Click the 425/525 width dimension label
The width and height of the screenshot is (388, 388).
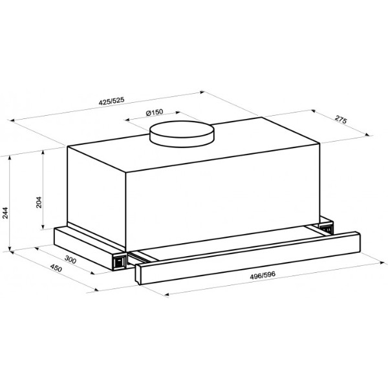[111, 101]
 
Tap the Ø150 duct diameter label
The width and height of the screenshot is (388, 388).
[155, 113]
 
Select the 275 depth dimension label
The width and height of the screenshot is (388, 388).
[341, 120]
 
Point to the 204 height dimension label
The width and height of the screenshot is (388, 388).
[39, 202]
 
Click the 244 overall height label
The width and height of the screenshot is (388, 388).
[5, 213]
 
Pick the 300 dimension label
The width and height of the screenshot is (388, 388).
[70, 259]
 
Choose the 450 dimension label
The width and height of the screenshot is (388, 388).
[56, 268]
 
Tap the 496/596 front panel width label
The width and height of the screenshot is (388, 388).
[263, 275]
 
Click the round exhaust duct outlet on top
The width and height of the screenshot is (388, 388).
[182, 134]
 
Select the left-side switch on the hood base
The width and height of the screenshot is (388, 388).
[120, 261]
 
